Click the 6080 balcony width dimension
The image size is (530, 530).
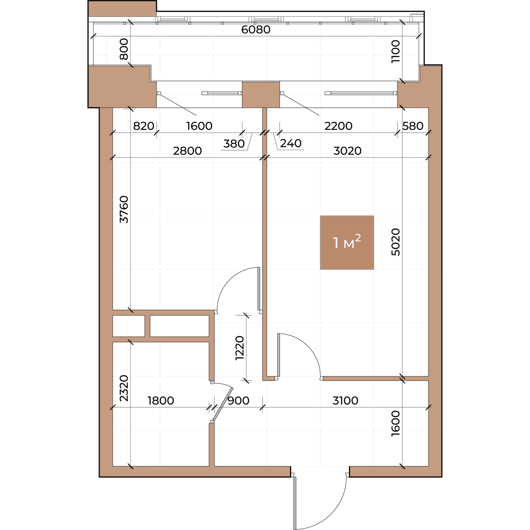tap(256, 30)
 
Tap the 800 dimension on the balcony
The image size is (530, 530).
tap(124, 49)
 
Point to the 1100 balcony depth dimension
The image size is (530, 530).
tap(395, 51)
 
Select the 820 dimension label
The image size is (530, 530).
tap(143, 126)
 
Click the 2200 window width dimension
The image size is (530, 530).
tap(338, 126)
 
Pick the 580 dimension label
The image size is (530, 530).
tap(413, 126)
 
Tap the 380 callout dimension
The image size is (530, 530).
tap(234, 144)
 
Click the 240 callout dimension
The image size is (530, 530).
tap(291, 143)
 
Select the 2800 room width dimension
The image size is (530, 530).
tap(187, 151)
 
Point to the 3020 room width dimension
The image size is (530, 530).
tap(348, 151)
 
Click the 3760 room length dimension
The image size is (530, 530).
tap(124, 209)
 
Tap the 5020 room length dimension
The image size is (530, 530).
tap(395, 242)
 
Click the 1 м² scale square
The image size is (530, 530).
tap(347, 242)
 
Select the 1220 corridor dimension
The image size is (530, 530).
tap(239, 348)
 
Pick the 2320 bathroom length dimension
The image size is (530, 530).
tap(124, 388)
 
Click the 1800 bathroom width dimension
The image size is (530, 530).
tap(161, 401)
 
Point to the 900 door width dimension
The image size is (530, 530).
tap(238, 401)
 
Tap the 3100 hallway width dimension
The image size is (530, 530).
tap(345, 401)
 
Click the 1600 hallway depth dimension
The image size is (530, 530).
tap(395, 423)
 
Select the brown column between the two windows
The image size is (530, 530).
tap(261, 95)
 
